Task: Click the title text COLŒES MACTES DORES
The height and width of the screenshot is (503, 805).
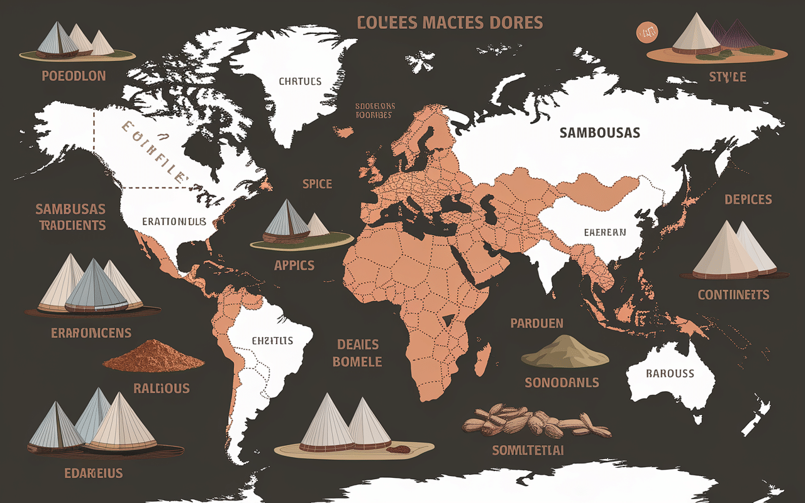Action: (450, 23)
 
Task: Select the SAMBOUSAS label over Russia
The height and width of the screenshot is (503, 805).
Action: (599, 133)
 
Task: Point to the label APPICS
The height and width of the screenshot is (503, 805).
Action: (294, 265)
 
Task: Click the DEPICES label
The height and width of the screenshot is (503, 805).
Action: (748, 199)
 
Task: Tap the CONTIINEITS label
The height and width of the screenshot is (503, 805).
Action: (733, 295)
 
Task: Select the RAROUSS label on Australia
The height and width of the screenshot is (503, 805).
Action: (670, 373)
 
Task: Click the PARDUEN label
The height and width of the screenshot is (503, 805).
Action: (536, 323)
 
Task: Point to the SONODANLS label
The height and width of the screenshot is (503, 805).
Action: (562, 382)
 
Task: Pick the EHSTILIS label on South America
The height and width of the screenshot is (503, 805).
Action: (272, 341)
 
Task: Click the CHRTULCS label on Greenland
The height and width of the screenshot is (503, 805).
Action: (300, 81)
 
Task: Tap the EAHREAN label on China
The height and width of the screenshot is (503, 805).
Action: (604, 232)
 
